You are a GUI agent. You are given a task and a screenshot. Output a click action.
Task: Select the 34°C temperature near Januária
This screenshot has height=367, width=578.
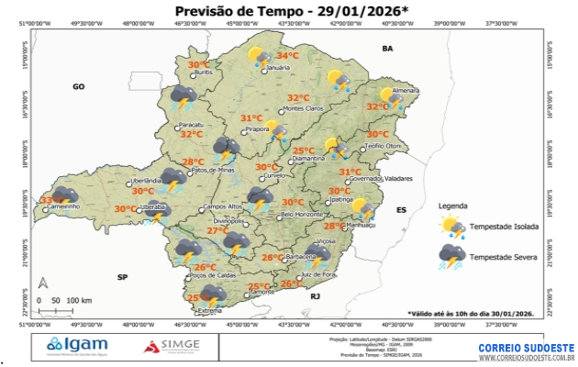tap(288, 56)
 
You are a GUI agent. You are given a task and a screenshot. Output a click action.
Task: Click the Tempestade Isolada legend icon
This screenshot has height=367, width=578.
tap(452, 227)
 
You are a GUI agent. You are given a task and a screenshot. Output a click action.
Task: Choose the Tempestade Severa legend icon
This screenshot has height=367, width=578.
tap(452, 258)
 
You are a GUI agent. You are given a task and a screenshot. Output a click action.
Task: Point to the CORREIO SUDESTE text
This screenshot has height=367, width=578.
tap(526, 348)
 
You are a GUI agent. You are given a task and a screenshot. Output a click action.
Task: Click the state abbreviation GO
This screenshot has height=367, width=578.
tap(79, 86)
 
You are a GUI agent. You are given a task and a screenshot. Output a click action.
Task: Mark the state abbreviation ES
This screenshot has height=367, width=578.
tap(401, 210)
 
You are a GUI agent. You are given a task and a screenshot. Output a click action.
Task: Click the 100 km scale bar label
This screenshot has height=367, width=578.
tap(80, 300)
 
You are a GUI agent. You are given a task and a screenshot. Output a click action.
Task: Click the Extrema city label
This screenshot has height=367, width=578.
tap(210, 310)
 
